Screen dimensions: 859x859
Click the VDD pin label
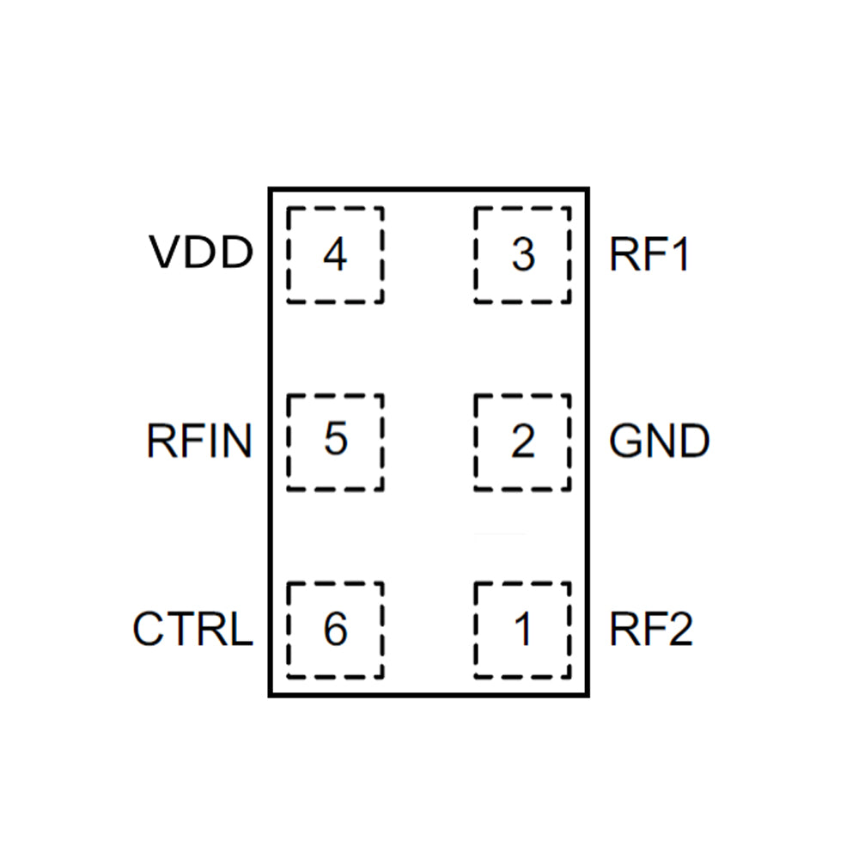pyautogui.click(x=201, y=253)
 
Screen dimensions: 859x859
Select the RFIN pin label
pyautogui.click(x=199, y=442)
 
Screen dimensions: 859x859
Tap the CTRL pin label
pyautogui.click(x=192, y=629)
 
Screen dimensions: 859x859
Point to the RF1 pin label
pyautogui.click(x=649, y=255)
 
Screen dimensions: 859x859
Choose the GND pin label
pyautogui.click(x=660, y=442)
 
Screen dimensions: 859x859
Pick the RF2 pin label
pyautogui.click(x=651, y=629)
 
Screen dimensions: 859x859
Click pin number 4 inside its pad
pyautogui.click(x=335, y=255)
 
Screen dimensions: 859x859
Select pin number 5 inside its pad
pyautogui.click(x=335, y=441)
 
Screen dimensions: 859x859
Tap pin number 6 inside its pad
pyautogui.click(x=335, y=629)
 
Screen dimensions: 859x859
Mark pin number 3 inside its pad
pyautogui.click(x=522, y=255)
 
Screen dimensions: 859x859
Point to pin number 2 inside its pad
pyautogui.click(x=522, y=442)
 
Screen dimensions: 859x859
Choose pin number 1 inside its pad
pyautogui.click(x=522, y=630)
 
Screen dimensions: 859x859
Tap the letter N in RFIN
pyautogui.click(x=237, y=442)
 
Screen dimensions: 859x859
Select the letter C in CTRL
pyautogui.click(x=148, y=629)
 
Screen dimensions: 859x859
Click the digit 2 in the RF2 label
pyautogui.click(x=678, y=629)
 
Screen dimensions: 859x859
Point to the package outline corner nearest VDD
pyautogui.click(x=270, y=188)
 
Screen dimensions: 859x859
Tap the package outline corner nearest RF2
pyautogui.click(x=588, y=695)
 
